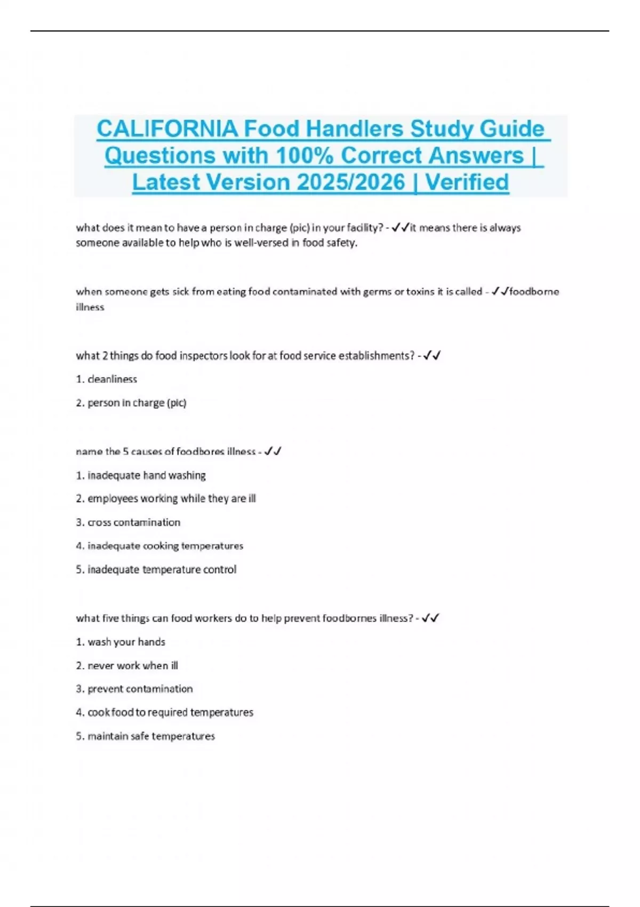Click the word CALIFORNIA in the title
click(167, 129)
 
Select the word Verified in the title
click(467, 182)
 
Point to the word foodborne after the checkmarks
click(534, 291)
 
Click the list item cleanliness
click(112, 379)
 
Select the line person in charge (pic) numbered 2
click(137, 403)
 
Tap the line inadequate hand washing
click(146, 475)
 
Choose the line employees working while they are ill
click(171, 499)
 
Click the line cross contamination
click(134, 522)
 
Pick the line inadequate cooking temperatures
click(165, 546)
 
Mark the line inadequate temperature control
click(162, 569)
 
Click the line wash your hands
click(126, 642)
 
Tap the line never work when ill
click(133, 665)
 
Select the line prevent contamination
click(140, 689)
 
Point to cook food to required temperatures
click(170, 712)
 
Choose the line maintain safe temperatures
click(151, 736)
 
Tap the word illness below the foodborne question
click(90, 307)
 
